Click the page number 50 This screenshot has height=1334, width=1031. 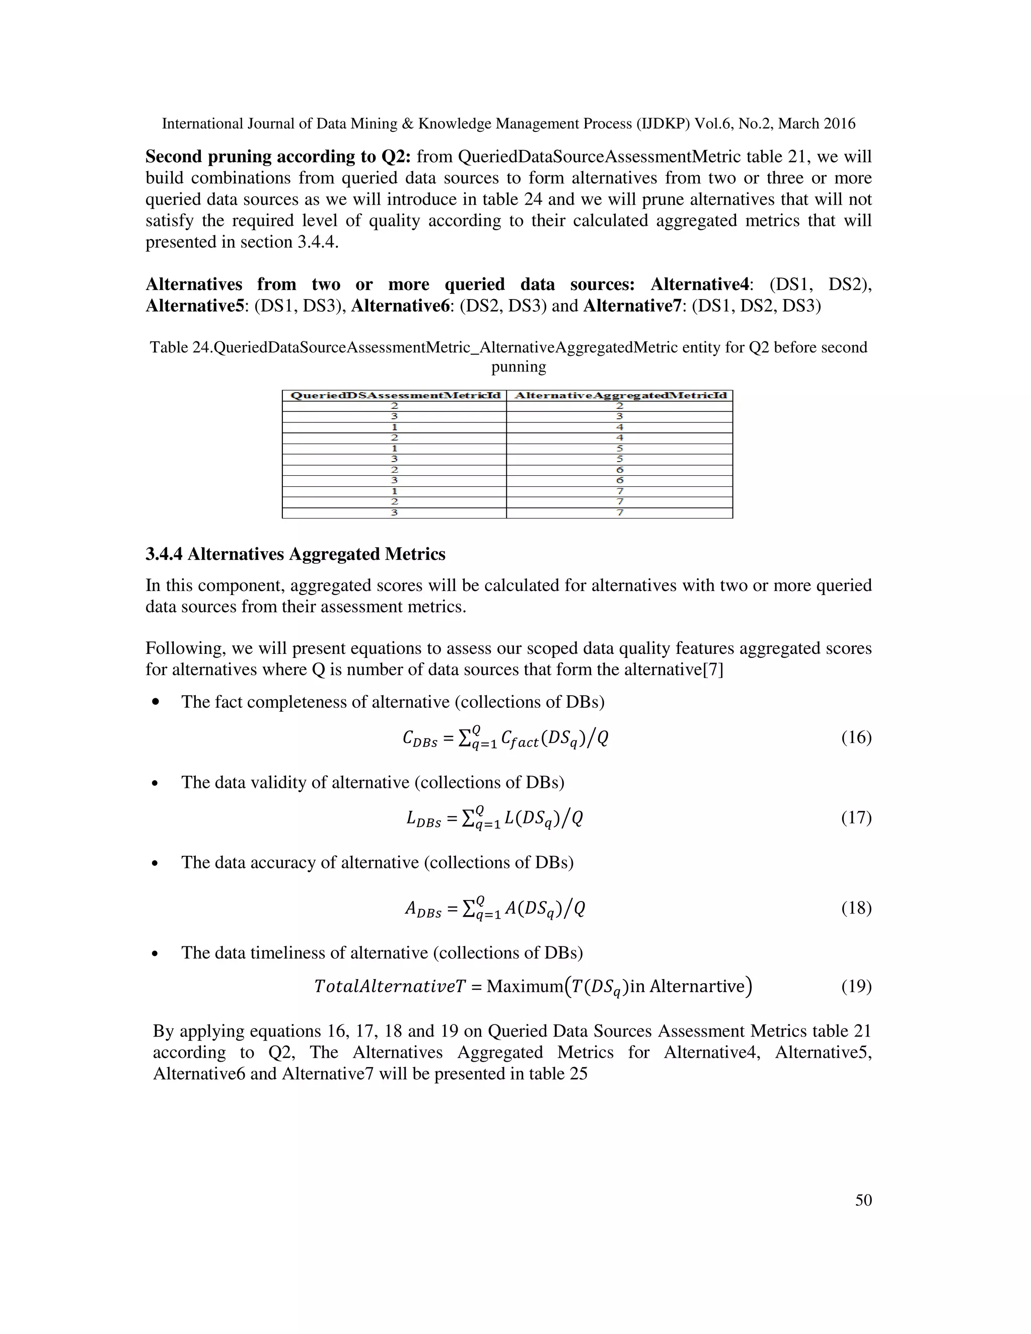pyautogui.click(x=863, y=1200)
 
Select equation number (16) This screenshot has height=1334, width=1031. pyautogui.click(x=856, y=738)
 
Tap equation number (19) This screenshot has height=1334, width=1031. pyautogui.click(x=856, y=987)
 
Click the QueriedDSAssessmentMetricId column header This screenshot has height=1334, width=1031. pyautogui.click(x=395, y=395)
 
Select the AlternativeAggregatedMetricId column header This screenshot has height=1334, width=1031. pyautogui.click(x=620, y=395)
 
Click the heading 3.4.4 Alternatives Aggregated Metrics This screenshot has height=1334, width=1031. pyautogui.click(x=295, y=554)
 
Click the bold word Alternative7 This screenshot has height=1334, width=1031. pyautogui.click(x=632, y=306)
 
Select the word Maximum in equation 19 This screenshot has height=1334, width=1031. pyautogui.click(x=520, y=987)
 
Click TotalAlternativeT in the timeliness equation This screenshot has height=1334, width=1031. pyautogui.click(x=390, y=987)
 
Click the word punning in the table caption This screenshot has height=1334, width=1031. pyautogui.click(x=518, y=367)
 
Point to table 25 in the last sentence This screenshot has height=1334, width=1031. pyautogui.click(x=559, y=1074)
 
